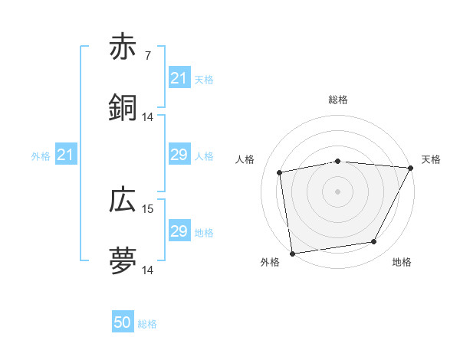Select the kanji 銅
123,108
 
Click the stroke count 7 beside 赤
147,55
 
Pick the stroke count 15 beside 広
148,208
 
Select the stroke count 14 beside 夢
148,270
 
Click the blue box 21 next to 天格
179,78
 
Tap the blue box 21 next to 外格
65,155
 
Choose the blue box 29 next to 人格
179,155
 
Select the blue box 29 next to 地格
179,231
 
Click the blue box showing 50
123,323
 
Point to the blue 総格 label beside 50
147,324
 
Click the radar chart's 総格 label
338,100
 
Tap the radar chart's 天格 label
431,159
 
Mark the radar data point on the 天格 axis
411,168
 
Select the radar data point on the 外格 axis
292,253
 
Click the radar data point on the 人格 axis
281,172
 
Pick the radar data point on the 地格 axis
374,242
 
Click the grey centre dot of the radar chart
338,191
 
